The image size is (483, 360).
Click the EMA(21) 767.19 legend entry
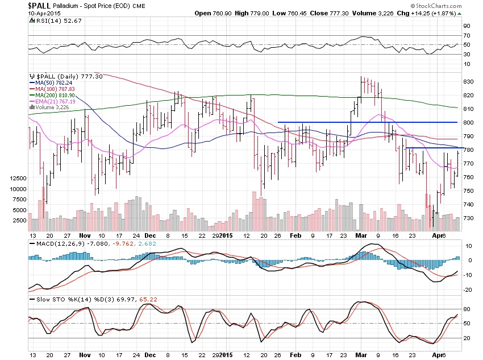pos(51,101)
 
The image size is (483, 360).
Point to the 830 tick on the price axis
pos(469,82)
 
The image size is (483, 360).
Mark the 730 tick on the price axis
pos(469,218)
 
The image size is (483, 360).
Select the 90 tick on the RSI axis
pos(467,26)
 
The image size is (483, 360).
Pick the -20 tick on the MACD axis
pos(468,289)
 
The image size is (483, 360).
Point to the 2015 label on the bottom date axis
pos(225,235)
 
